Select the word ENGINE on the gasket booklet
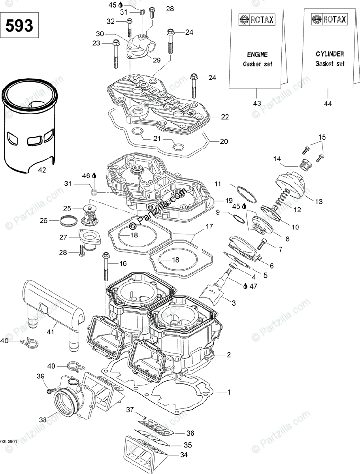coord(257,55)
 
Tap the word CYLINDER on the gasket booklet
coord(330,54)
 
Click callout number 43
coord(257,103)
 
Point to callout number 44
coord(328,103)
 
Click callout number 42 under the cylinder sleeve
coord(42,170)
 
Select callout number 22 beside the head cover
coord(225,117)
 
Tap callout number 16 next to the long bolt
coord(123,263)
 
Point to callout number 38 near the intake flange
coord(42,420)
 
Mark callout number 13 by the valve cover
coord(319,201)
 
